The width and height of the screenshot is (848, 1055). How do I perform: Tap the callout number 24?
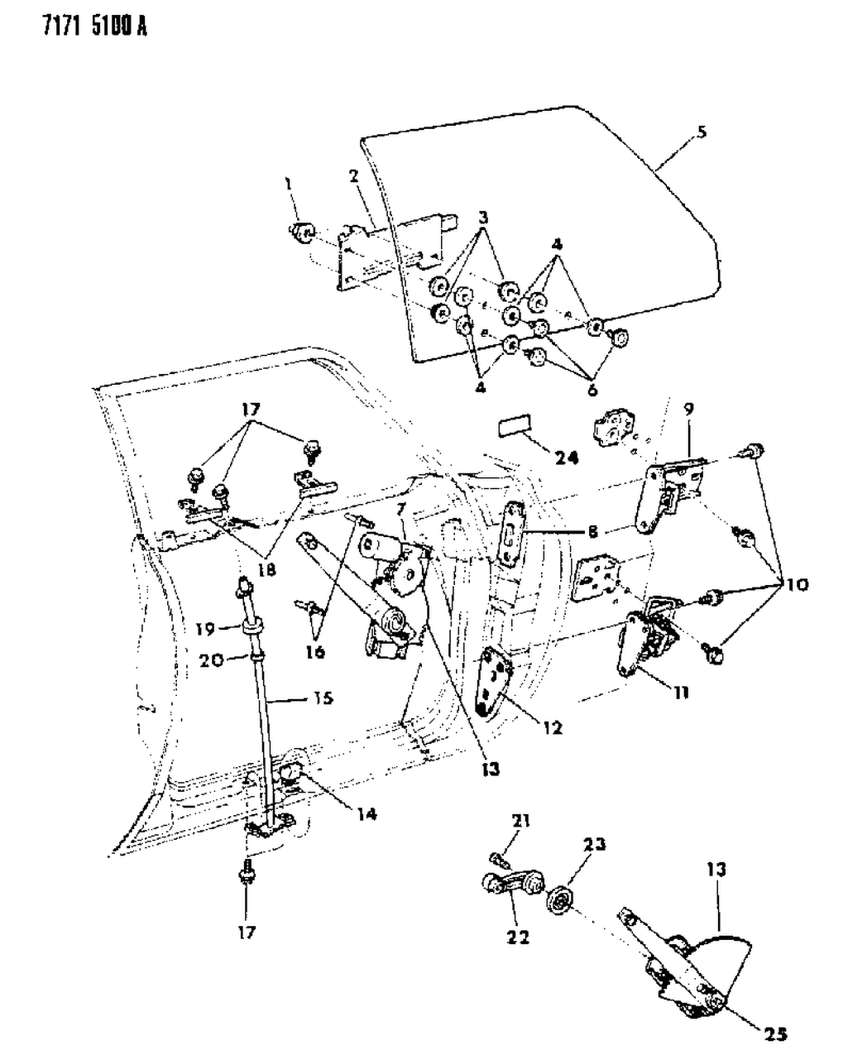[x=567, y=456]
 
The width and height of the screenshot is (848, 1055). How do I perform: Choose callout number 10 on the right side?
[x=798, y=584]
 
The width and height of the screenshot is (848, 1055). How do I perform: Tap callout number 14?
[x=367, y=814]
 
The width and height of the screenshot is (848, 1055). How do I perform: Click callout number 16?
[x=314, y=651]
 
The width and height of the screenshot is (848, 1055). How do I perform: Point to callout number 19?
[x=204, y=628]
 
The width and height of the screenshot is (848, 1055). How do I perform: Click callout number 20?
[x=204, y=659]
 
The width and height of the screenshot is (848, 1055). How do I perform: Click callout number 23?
[x=594, y=844]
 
